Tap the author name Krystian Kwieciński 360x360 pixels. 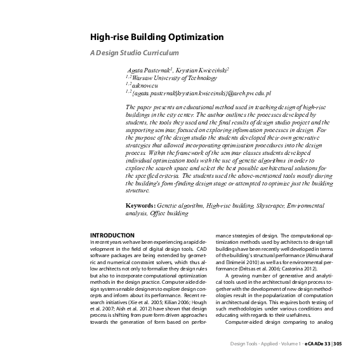203,68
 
